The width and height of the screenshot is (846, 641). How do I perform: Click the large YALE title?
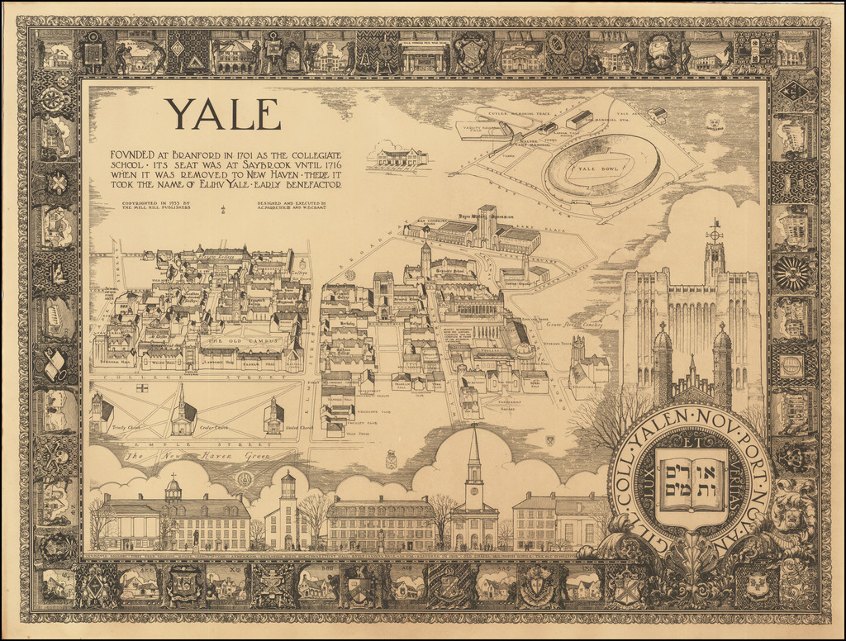pyautogui.click(x=222, y=116)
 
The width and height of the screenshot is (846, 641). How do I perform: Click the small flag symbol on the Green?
pyautogui.click(x=141, y=387)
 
